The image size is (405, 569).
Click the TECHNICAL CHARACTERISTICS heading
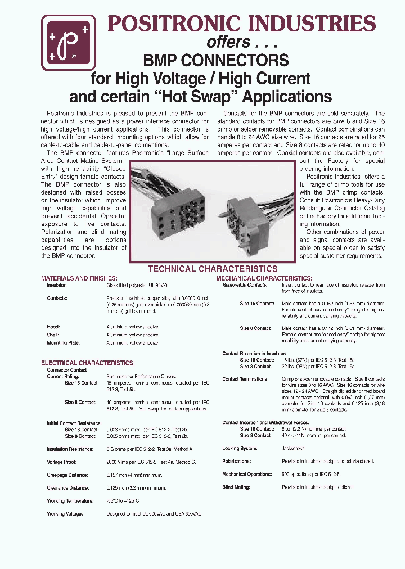pos(213,269)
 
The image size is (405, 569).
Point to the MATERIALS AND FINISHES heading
pos(79,278)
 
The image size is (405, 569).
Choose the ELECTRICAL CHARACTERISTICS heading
pos(88,363)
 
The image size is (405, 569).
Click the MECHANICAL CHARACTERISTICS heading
pos(264,278)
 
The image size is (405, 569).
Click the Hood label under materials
pos(53,327)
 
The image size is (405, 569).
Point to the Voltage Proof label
pos(61,462)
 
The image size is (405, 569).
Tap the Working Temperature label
pos(70,501)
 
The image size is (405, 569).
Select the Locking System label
pos(240,449)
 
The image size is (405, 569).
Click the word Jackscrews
pos(294,449)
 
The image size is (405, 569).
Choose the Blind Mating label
pos(236,487)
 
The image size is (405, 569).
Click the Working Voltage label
pos(65,514)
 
